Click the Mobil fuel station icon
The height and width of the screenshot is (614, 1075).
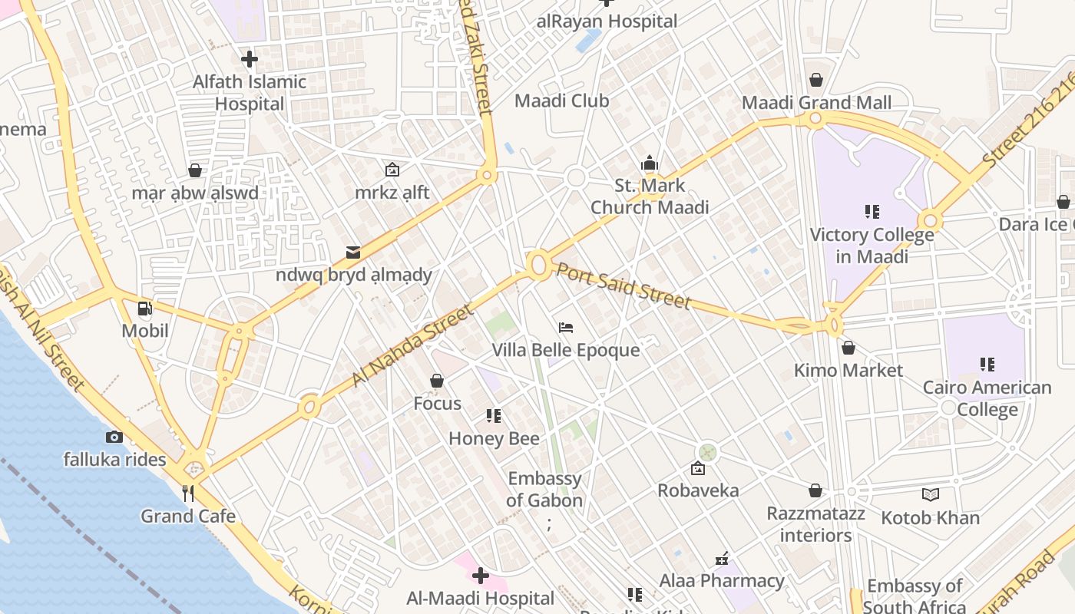click(144, 309)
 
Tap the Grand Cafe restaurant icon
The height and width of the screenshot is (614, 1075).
click(188, 493)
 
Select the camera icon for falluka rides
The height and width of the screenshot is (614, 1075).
click(114, 437)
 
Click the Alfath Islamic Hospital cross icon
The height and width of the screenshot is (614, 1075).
click(249, 58)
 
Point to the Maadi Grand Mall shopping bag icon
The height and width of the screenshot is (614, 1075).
click(815, 80)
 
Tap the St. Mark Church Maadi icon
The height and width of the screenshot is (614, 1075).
click(650, 163)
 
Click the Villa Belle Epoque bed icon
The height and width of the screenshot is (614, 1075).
click(566, 328)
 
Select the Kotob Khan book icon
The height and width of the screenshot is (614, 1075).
click(930, 495)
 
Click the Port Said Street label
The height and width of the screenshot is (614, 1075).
click(623, 285)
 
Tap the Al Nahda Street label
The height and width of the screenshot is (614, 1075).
click(412, 345)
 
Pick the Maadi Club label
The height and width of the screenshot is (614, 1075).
click(561, 101)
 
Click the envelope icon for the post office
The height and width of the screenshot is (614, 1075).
click(353, 252)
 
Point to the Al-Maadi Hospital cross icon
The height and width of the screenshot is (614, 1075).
click(481, 575)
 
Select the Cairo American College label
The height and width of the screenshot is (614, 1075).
click(987, 398)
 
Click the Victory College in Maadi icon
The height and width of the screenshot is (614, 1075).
click(872, 211)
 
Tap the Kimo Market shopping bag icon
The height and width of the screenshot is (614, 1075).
click(848, 348)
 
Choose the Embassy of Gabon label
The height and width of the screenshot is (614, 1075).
click(545, 490)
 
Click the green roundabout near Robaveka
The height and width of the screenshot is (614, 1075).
click(707, 452)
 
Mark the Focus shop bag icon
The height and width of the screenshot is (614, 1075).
click(437, 381)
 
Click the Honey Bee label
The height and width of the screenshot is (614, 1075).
click(494, 438)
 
